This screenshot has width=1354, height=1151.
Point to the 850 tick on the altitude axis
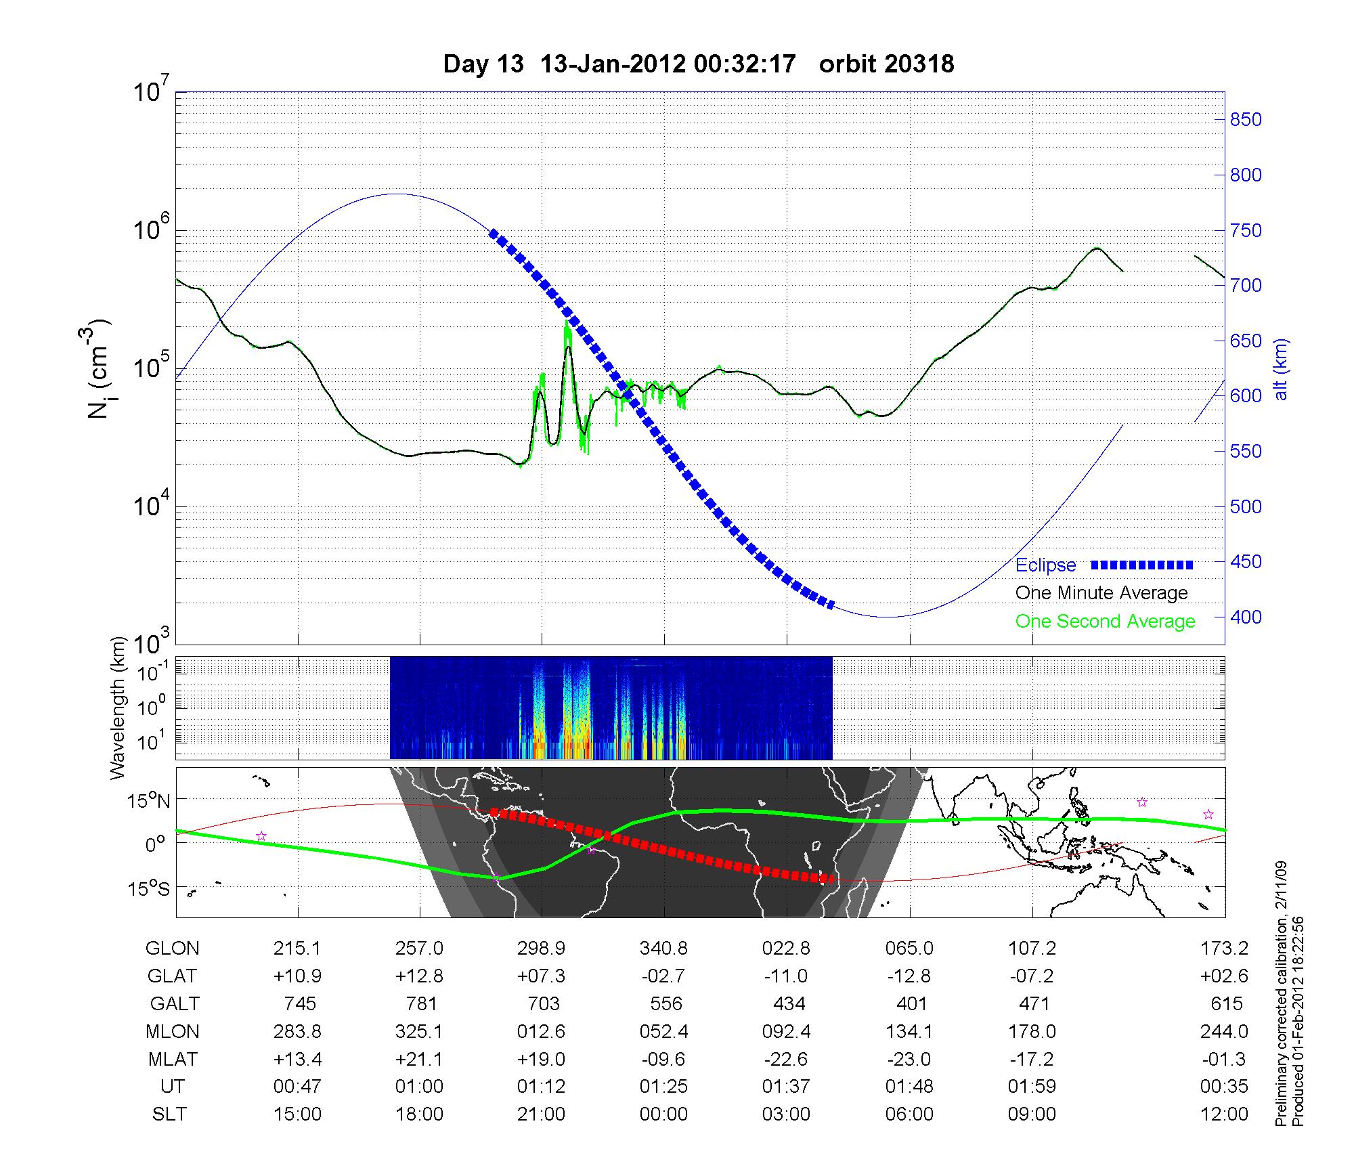(1246, 120)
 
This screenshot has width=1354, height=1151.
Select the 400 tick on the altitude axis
(1246, 617)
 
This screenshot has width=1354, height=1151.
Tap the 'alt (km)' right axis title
(1281, 369)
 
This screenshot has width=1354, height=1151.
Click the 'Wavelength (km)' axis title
(118, 708)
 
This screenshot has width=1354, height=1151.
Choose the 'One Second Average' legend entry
(1105, 621)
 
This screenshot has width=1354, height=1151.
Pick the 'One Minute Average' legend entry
(1101, 593)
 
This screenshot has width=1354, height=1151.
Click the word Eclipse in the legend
(1045, 565)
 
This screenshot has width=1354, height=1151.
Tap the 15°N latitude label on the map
(148, 802)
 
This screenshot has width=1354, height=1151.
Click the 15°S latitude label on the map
(148, 888)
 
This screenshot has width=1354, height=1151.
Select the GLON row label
(172, 949)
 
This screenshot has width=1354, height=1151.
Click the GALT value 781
(420, 1003)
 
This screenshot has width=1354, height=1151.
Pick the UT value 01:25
(663, 1087)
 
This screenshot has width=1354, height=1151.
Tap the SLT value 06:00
(909, 1114)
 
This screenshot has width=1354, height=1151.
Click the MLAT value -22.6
(786, 1059)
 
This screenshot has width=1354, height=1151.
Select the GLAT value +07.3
(541, 976)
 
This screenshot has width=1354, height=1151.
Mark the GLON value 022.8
(786, 949)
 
